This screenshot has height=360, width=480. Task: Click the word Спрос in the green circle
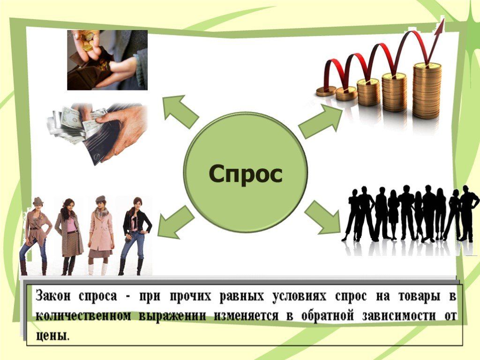click(246, 175)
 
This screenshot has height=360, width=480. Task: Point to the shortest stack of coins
click(326, 91)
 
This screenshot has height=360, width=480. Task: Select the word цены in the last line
click(52, 336)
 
